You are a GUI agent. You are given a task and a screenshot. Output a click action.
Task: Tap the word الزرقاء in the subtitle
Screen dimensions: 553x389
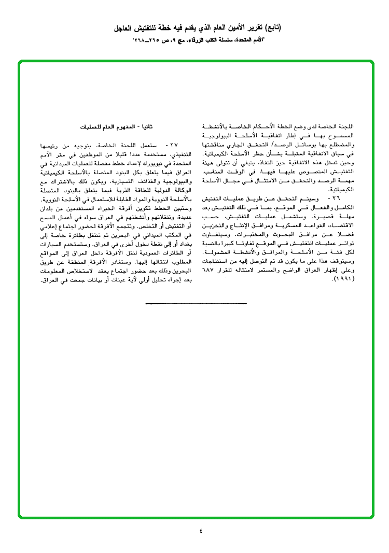(201, 39)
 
